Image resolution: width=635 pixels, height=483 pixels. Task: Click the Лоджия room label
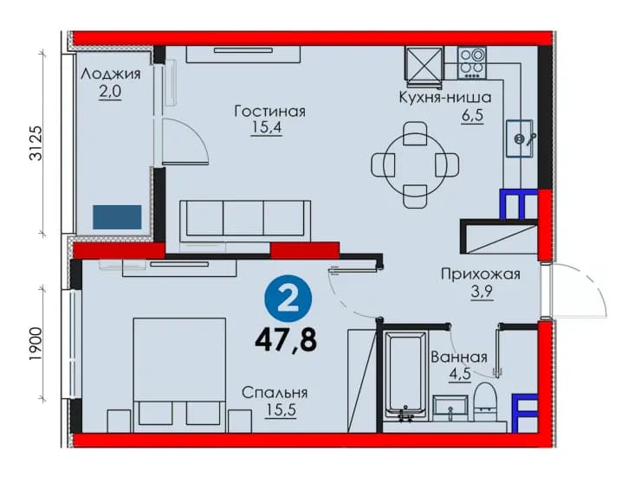click(111, 74)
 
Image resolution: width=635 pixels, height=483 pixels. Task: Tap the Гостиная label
click(269, 112)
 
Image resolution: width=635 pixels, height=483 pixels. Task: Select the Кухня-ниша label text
click(445, 98)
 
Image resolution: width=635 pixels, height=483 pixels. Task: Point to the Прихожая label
click(480, 274)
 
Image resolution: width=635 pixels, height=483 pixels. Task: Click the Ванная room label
click(459, 357)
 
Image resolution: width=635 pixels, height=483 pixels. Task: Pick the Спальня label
click(275, 393)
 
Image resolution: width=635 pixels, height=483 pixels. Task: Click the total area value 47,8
click(286, 340)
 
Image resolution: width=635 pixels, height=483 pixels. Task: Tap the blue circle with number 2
click(288, 299)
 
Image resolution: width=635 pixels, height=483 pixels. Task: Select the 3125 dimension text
click(36, 143)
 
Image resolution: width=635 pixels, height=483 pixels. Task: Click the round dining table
click(415, 165)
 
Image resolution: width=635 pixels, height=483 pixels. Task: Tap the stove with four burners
click(472, 62)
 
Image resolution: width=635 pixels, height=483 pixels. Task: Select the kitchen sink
click(520, 138)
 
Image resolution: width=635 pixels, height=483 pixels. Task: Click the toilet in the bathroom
click(486, 402)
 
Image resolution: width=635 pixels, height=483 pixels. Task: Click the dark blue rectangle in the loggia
click(117, 217)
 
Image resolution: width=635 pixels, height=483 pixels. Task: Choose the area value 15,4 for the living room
click(267, 128)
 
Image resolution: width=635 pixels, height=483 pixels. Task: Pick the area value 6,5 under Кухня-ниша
click(473, 116)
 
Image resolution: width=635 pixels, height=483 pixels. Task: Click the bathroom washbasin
click(450, 409)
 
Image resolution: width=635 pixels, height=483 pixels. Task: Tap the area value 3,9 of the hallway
click(482, 291)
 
